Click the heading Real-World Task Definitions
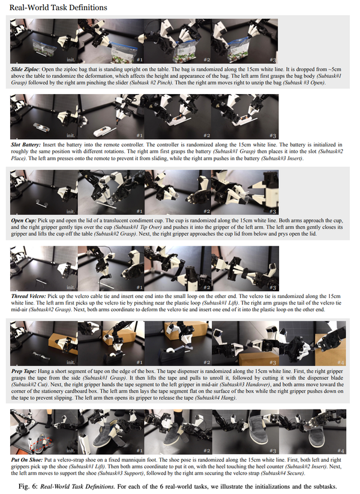(x=58, y=8)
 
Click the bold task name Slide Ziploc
(x=24, y=70)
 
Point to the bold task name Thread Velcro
(x=28, y=296)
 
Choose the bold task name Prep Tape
(x=23, y=371)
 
